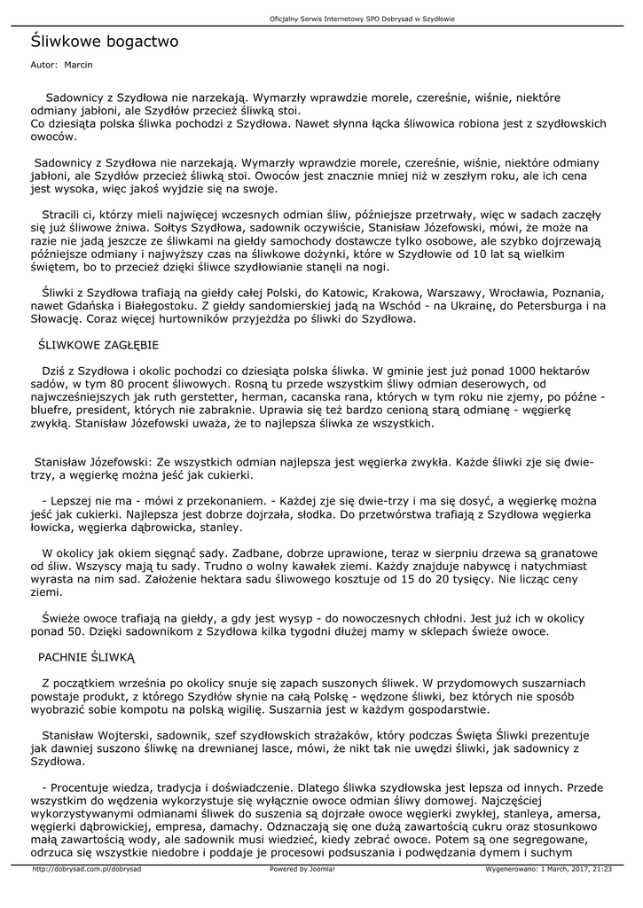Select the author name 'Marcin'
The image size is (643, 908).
pos(78,65)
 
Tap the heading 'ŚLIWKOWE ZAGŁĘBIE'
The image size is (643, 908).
pos(98,343)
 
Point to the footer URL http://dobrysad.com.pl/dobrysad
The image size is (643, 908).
pos(87,869)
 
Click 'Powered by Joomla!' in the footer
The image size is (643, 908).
pos(302,869)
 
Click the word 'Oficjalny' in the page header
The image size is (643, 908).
pos(285,20)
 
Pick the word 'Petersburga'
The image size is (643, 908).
pos(519,305)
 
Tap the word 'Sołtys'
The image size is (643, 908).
pos(215,227)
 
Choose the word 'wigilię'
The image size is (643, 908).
pos(276,709)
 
